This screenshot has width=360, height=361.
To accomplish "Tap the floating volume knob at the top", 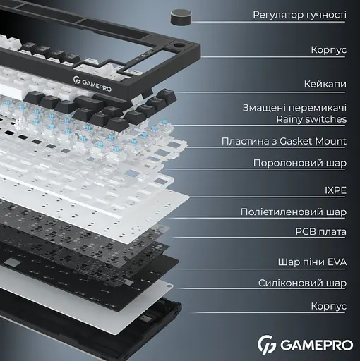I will (x=181, y=16).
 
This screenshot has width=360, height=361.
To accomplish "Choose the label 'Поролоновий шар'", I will (x=300, y=163).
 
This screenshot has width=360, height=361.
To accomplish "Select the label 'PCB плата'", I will (x=320, y=231).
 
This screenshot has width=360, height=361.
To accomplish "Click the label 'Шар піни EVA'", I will (x=312, y=262).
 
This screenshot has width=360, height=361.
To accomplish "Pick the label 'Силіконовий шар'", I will (x=301, y=283).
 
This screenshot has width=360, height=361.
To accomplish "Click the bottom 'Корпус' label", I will (x=328, y=307).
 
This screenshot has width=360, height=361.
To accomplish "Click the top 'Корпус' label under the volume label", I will (x=328, y=50).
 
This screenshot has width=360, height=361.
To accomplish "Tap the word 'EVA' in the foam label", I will (x=336, y=262).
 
